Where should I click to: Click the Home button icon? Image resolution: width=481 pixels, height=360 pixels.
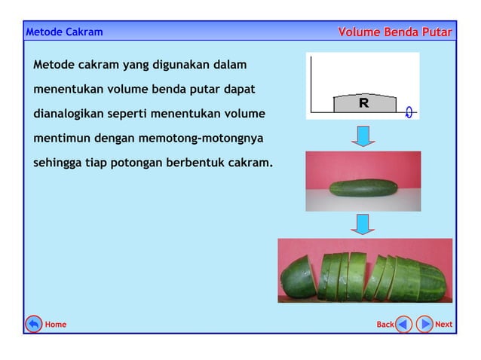[33, 324]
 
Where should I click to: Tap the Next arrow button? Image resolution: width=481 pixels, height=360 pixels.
[424, 324]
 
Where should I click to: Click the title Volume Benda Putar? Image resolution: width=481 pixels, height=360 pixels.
[395, 32]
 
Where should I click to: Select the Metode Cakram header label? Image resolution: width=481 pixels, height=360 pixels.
[64, 32]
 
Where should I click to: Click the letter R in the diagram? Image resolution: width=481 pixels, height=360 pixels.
[363, 103]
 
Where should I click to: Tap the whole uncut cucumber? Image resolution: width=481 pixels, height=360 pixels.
[363, 188]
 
